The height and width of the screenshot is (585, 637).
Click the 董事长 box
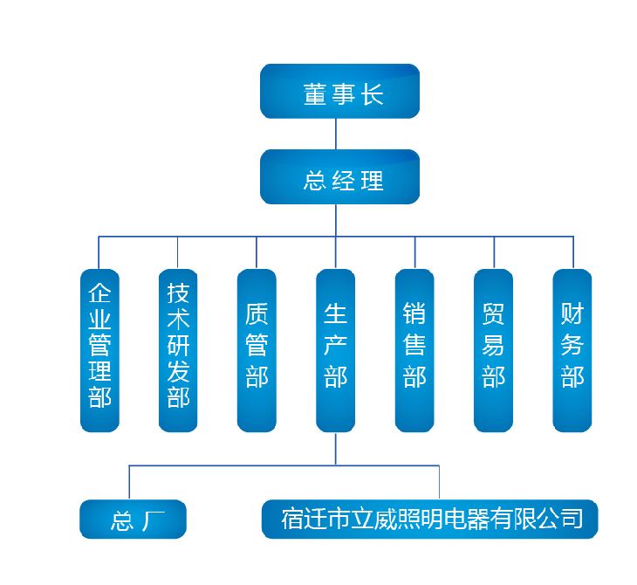point(339,91)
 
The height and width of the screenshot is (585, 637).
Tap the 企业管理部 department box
point(99,350)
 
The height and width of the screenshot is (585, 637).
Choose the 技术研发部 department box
point(178,350)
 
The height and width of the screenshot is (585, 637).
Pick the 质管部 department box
point(257,350)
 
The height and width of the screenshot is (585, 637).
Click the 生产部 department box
point(336,350)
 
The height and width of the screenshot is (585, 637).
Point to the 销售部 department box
point(414,350)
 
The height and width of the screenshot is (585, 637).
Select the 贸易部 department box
point(493,350)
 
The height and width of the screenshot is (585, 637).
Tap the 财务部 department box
point(572,350)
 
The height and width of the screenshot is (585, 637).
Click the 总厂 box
point(133,520)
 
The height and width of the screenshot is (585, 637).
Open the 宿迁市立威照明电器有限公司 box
point(430,519)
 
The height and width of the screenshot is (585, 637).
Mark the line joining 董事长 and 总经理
point(336,134)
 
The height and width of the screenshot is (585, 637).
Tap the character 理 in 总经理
point(373,181)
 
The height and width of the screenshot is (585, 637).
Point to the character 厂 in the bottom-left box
point(148,521)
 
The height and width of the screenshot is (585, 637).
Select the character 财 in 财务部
point(572,313)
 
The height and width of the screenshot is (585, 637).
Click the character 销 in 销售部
point(414,313)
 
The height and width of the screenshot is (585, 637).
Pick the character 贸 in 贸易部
point(493,313)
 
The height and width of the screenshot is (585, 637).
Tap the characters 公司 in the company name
point(558,520)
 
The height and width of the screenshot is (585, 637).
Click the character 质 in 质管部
point(257,313)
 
